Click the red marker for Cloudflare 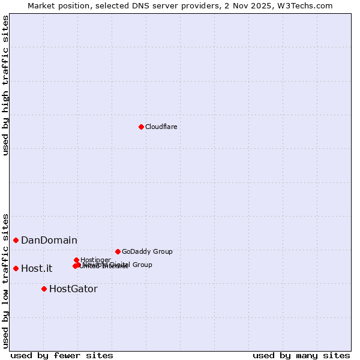tap(141, 127)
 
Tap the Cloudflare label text tap(161, 127)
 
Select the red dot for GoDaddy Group tap(118, 251)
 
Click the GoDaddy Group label tap(147, 251)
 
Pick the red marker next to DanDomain tap(16, 240)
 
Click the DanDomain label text tap(49, 241)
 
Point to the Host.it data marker tap(16, 268)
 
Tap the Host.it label tap(37, 269)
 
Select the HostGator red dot tap(44, 289)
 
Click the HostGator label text tap(73, 289)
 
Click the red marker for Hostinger tap(76, 260)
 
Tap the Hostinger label tap(95, 260)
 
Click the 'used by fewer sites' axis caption tap(62, 355)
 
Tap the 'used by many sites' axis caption tap(301, 355)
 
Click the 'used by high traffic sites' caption tap(5, 85)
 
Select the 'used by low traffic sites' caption tap(5, 280)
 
